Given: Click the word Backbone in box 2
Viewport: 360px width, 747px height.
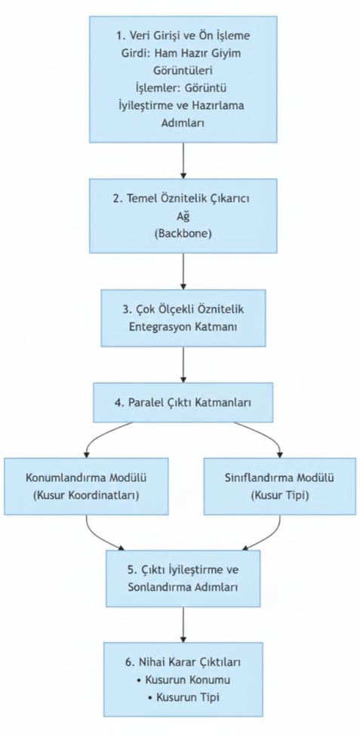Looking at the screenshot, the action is point(183,234).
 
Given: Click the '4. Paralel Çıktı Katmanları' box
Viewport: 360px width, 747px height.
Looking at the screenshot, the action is point(183,402).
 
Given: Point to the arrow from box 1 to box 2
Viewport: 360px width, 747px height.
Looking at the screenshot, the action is point(183,160).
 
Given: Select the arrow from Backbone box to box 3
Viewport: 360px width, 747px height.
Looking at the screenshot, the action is point(183,271).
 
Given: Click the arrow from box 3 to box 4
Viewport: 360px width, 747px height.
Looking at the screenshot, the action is point(183,364).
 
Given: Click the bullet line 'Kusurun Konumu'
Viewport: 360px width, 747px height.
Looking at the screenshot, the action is point(183,680).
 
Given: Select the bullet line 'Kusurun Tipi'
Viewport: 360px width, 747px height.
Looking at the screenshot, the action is point(183,697).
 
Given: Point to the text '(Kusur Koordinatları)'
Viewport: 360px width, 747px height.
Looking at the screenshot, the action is point(86,496).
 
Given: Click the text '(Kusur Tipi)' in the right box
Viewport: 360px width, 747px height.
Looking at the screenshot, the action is point(280,496).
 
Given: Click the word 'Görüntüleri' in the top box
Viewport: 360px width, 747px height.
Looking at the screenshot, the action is point(183,70).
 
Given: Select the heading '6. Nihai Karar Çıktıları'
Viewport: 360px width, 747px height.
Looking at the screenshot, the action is point(183,662).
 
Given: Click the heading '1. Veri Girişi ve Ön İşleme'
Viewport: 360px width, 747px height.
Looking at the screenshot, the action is point(183,36).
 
